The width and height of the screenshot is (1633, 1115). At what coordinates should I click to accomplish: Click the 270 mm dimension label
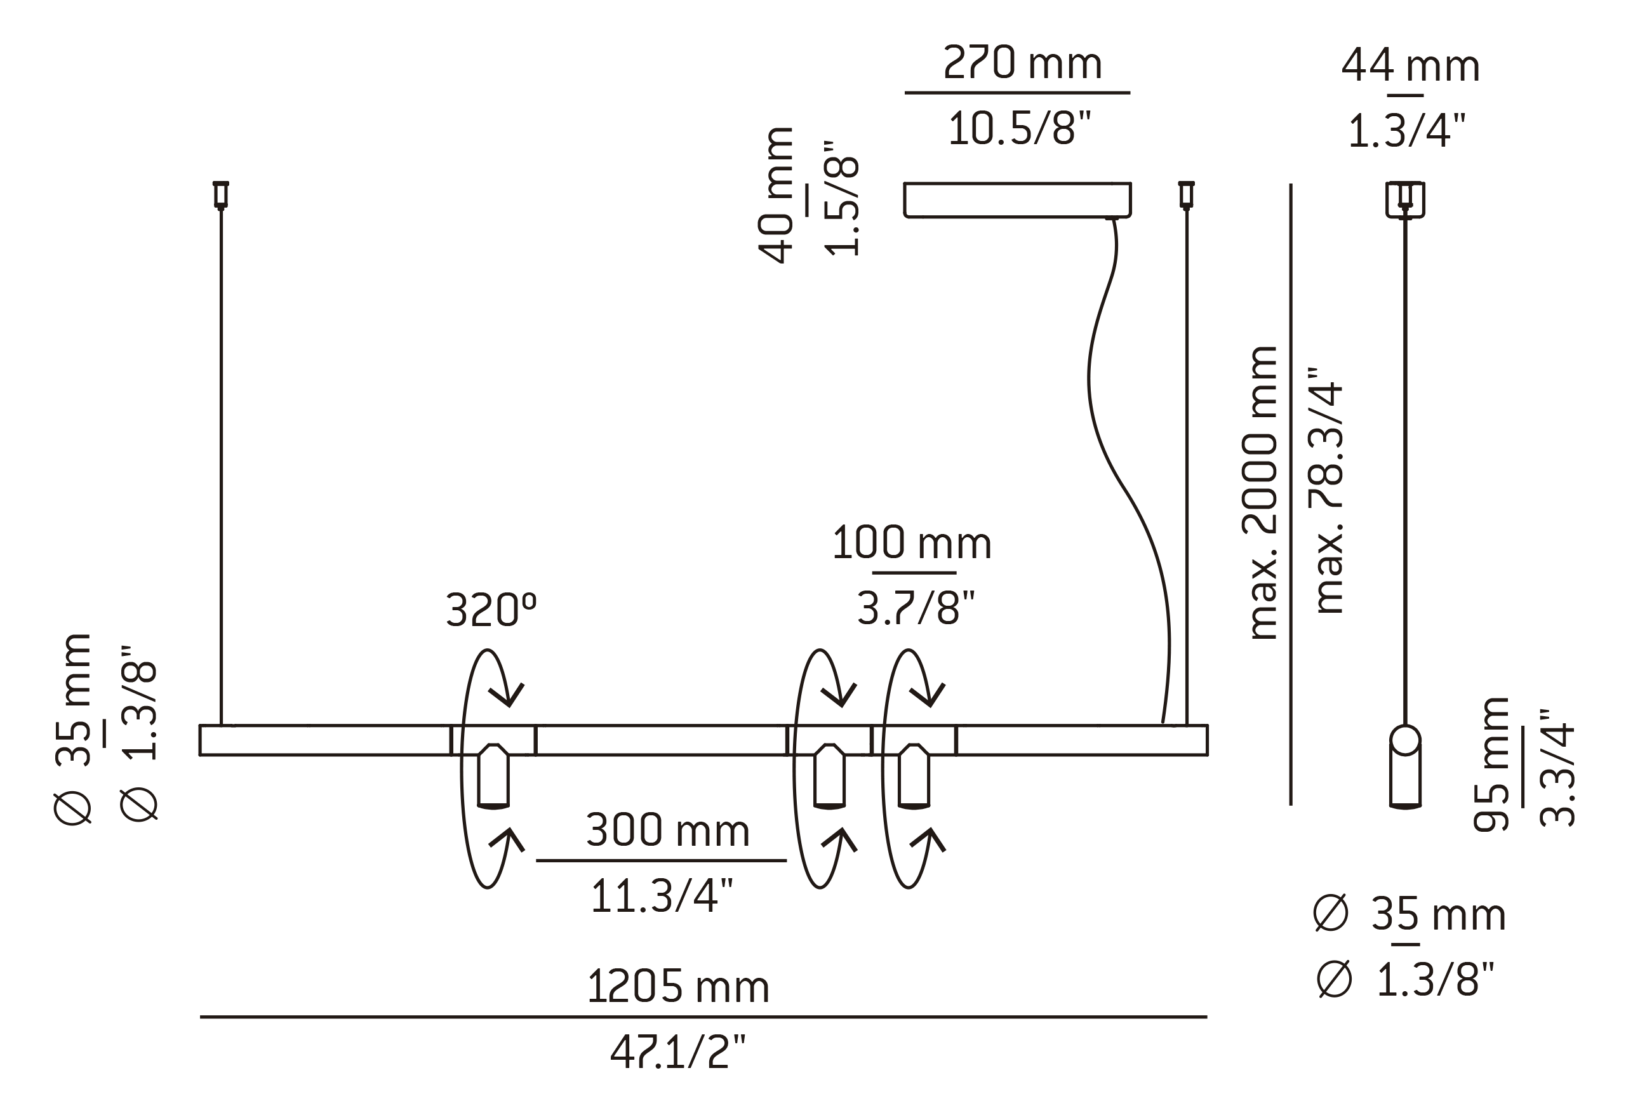[x=1022, y=64]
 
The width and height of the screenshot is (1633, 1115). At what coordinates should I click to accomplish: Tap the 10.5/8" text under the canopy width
[x=1019, y=130]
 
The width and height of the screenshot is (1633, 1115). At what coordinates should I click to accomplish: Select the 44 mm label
[x=1410, y=67]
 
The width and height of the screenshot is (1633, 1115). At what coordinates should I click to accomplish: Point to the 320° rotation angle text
[x=491, y=609]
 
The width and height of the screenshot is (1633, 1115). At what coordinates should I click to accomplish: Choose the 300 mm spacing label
[x=667, y=831]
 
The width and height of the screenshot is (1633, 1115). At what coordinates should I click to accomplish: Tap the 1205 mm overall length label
[x=678, y=987]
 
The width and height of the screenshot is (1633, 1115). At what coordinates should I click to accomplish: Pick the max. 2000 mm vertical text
[x=1262, y=493]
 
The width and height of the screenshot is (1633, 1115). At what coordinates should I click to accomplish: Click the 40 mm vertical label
[x=777, y=196]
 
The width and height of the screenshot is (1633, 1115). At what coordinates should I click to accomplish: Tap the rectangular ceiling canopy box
[x=1016, y=199]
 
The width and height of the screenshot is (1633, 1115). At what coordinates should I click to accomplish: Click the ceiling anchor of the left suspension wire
[x=221, y=194]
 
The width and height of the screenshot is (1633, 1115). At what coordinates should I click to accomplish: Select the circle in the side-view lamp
[x=1405, y=740]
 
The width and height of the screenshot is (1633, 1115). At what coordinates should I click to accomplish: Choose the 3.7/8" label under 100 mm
[x=916, y=608]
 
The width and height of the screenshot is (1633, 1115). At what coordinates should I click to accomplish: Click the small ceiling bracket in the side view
[x=1405, y=199]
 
